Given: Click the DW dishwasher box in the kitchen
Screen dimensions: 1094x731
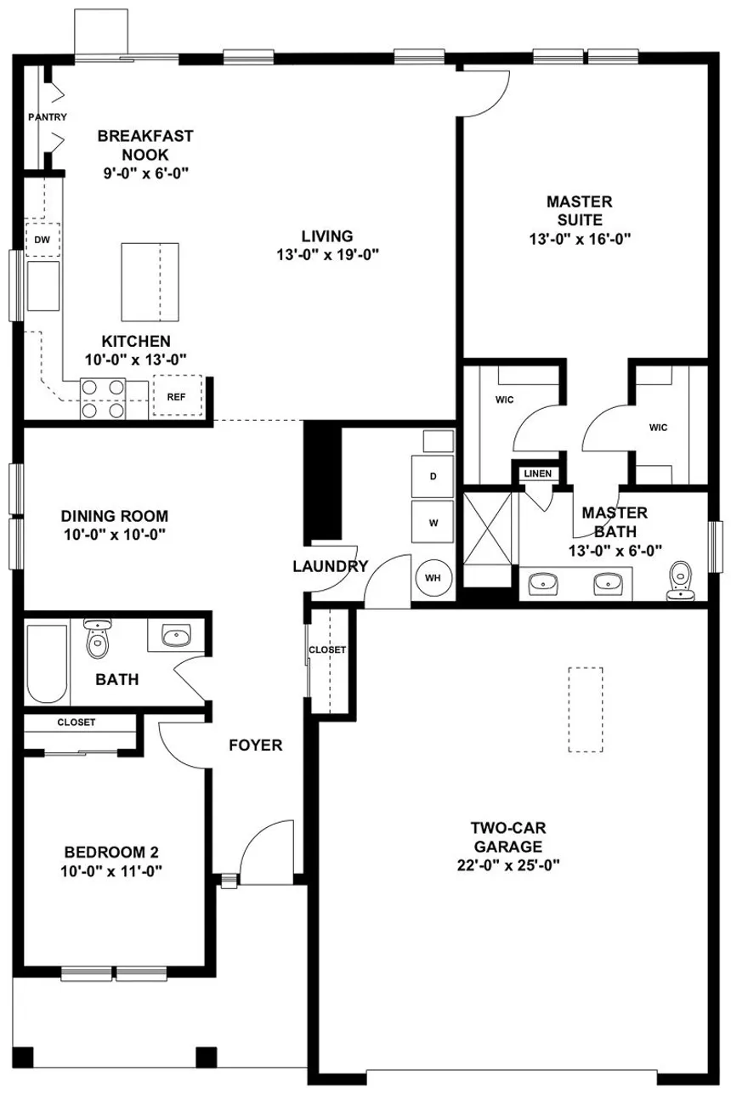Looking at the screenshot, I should pyautogui.click(x=41, y=241).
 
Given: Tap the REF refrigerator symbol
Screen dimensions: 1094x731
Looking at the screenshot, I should pyautogui.click(x=177, y=397).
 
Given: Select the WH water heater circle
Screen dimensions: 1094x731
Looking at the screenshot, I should pyautogui.click(x=433, y=578).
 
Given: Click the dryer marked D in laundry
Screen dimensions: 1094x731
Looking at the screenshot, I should pyautogui.click(x=433, y=476).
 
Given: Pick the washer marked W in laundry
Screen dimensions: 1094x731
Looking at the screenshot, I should pyautogui.click(x=433, y=522).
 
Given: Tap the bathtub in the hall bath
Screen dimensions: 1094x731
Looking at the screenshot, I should pyautogui.click(x=47, y=664).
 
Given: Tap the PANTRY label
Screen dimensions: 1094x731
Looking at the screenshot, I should pyautogui.click(x=47, y=117).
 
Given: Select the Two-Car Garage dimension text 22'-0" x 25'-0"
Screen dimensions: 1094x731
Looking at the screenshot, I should pyautogui.click(x=508, y=865).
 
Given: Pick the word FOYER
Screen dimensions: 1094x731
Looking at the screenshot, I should pyautogui.click(x=255, y=745).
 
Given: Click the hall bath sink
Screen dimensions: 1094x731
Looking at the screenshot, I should pyautogui.click(x=177, y=636).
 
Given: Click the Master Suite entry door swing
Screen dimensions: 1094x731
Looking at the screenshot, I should pyautogui.click(x=484, y=94).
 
